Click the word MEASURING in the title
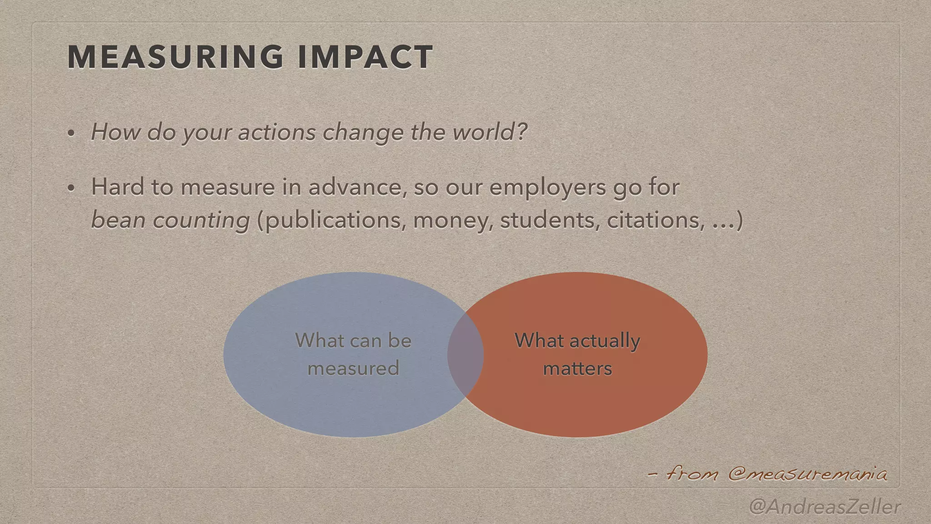click(175, 57)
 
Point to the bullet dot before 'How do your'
click(71, 134)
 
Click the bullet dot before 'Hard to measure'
click(71, 188)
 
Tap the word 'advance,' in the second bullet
click(357, 187)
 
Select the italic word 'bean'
click(118, 220)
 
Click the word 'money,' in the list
click(453, 221)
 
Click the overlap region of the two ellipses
click(465, 354)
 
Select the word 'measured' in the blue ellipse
click(353, 368)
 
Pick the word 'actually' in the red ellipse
click(605, 341)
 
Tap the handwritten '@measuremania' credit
click(807, 474)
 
